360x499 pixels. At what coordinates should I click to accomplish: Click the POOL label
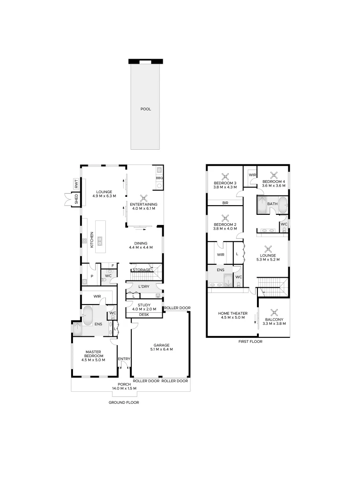[x=146, y=109]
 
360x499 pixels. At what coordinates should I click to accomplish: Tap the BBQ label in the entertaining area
[x=159, y=178]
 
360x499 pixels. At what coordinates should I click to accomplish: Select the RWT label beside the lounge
[x=76, y=183]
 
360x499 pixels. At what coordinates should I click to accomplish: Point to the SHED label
[x=76, y=199]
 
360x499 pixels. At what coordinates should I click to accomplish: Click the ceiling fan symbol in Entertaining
[x=144, y=199]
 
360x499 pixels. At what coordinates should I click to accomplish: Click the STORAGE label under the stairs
[x=142, y=270]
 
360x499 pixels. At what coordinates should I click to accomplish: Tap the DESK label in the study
[x=144, y=315]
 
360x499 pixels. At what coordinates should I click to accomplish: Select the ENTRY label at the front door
[x=124, y=359]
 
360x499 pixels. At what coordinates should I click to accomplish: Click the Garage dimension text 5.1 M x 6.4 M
[x=162, y=349]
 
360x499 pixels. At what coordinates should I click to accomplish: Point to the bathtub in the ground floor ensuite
[x=87, y=316]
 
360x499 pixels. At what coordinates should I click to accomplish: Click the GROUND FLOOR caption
[x=124, y=402]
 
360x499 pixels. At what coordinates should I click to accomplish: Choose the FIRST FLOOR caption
[x=250, y=341]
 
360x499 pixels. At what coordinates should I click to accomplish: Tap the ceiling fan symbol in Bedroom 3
[x=226, y=176]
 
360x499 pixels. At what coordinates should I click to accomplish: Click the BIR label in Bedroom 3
[x=226, y=203]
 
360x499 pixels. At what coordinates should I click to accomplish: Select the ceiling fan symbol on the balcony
[x=274, y=313]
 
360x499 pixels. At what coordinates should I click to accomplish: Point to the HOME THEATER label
[x=232, y=313]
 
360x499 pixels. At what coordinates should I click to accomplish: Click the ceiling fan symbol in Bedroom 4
[x=274, y=175]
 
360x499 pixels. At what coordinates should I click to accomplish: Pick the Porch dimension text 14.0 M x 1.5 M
[x=124, y=389]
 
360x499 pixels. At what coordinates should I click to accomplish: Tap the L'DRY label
[x=144, y=287]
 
